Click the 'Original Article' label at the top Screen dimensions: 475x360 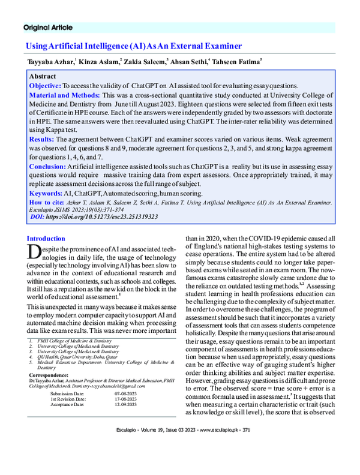tap(47, 28)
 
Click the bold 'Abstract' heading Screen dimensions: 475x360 tap(43, 77)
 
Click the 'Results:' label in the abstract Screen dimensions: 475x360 tap(42, 139)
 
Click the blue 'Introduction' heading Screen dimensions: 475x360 tap(46, 238)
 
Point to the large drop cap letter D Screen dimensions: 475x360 tap(34, 252)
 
